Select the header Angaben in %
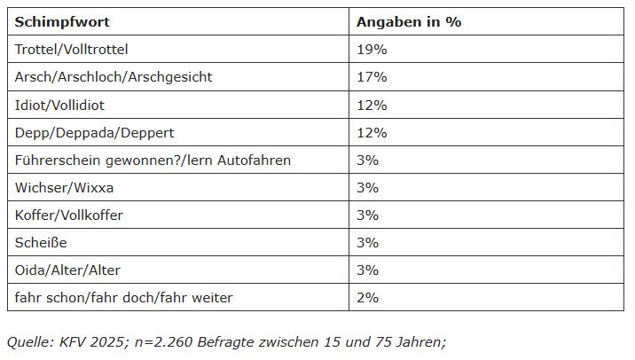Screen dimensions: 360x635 coord(409,22)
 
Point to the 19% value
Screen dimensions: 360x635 coord(372,50)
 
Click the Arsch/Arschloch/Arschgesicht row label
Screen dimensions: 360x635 coord(114,77)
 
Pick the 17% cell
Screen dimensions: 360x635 coord(372,77)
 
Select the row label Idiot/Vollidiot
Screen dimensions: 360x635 coord(59,105)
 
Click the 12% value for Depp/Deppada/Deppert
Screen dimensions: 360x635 coord(372,132)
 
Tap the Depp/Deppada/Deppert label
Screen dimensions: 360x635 coord(94,132)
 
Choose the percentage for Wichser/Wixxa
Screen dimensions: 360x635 coord(367,187)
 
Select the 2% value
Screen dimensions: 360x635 coord(367,297)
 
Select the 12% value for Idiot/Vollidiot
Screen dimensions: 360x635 coord(372,105)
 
